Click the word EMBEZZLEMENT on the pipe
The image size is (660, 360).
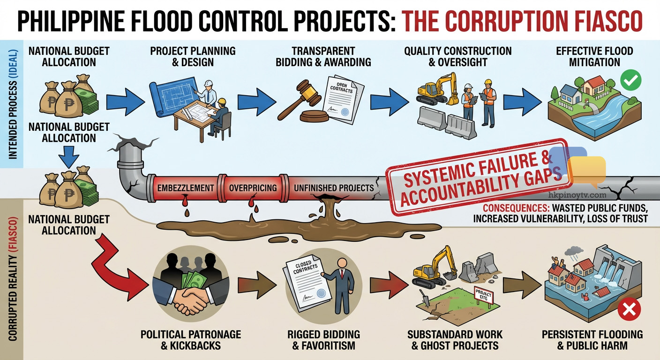pyautogui.click(x=186, y=188)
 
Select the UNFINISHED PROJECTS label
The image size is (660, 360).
pyautogui.click(x=333, y=188)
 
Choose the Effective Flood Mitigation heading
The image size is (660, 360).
pyautogui.click(x=594, y=56)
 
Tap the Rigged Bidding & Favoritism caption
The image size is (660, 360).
pyautogui.click(x=323, y=340)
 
